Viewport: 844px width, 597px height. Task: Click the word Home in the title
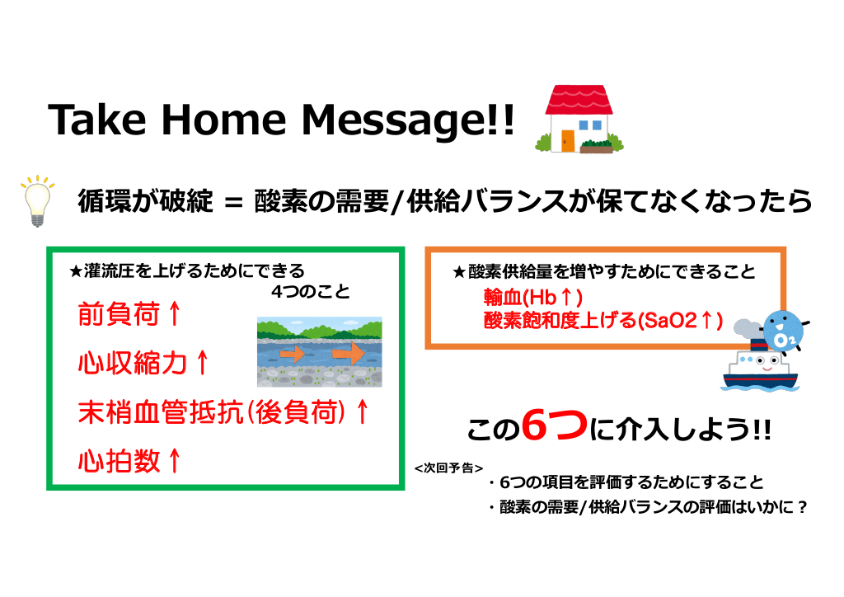223,120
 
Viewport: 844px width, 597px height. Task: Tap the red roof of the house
579,100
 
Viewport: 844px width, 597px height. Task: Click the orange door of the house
567,140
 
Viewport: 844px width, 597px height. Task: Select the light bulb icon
38,200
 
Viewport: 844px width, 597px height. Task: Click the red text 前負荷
119,314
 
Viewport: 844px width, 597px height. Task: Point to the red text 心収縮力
133,363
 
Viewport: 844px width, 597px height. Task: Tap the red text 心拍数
119,461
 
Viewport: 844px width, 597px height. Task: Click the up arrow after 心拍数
174,461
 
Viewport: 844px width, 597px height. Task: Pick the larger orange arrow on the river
349,353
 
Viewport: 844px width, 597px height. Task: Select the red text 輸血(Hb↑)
533,297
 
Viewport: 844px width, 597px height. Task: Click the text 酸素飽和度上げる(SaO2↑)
603,320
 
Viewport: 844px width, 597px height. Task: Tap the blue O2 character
783,331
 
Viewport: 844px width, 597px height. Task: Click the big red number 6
537,425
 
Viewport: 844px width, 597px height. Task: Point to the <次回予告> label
448,468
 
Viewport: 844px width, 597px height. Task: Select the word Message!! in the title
408,120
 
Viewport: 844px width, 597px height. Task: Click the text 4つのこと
311,292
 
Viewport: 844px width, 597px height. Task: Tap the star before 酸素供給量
458,272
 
